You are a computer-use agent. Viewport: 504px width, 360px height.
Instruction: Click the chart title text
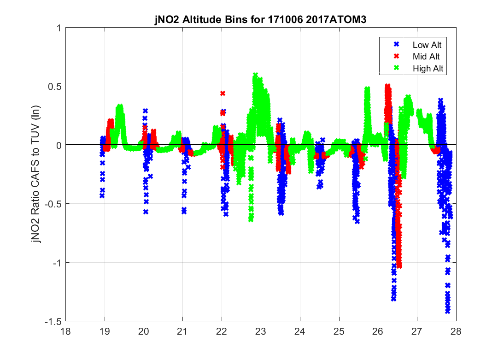(x=260, y=21)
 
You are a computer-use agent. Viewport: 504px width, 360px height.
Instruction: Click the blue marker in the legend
(x=395, y=45)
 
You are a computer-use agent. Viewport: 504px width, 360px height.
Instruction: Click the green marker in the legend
(x=395, y=68)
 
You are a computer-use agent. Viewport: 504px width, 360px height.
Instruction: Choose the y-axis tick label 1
(x=59, y=28)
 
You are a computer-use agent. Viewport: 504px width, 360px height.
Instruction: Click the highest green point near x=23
(x=255, y=75)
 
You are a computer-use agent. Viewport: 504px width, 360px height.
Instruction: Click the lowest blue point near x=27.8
(x=447, y=311)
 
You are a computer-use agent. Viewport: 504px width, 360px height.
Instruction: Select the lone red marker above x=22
(x=223, y=93)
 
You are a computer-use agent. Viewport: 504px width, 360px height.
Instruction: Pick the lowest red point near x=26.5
(x=399, y=266)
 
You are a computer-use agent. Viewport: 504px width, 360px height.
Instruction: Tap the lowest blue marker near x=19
(x=102, y=195)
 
